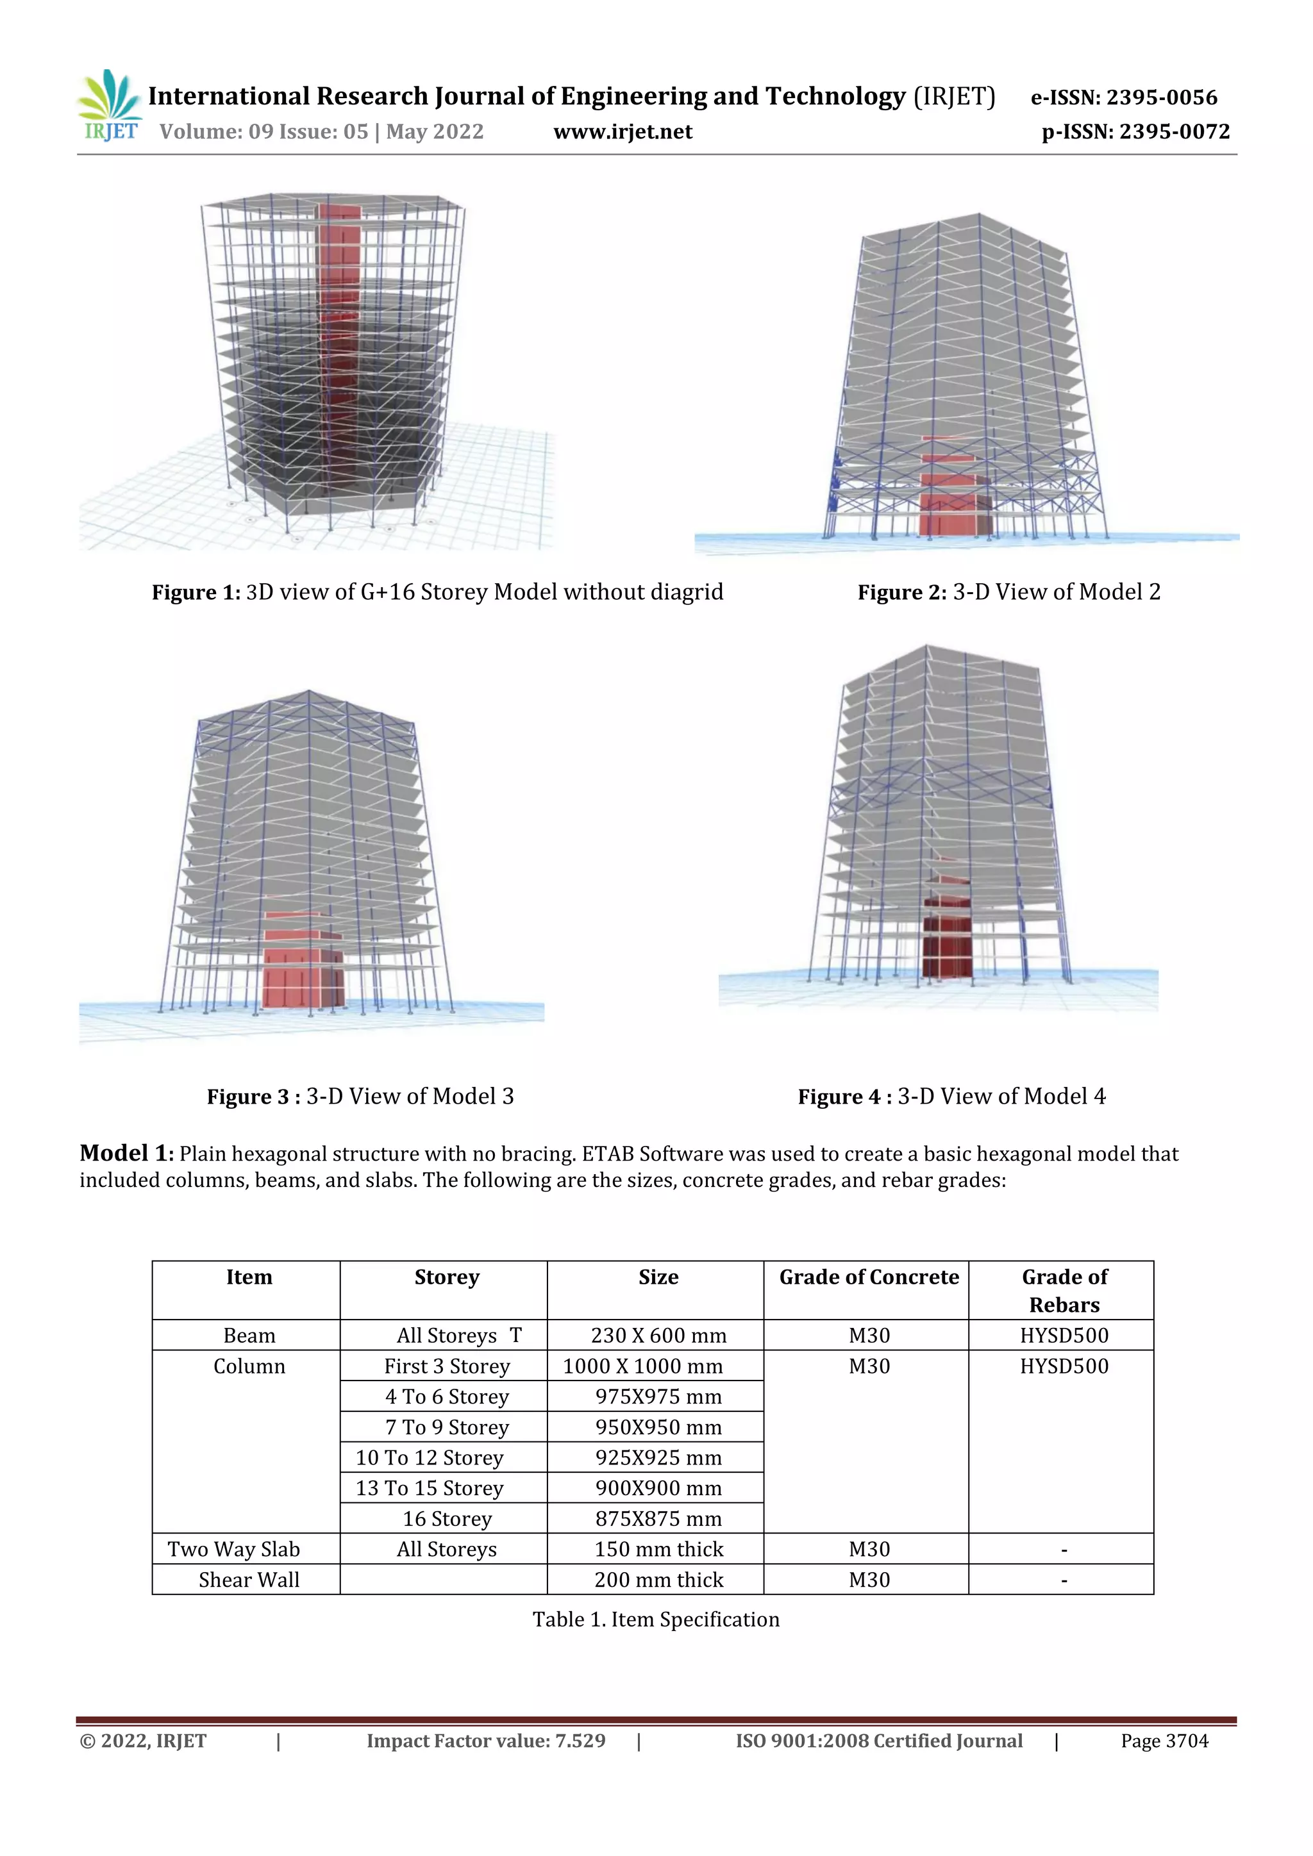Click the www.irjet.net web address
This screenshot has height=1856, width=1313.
[623, 132]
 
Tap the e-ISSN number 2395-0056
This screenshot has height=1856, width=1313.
[1161, 98]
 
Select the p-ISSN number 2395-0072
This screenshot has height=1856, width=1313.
[1174, 132]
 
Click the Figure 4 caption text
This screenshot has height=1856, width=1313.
[951, 1097]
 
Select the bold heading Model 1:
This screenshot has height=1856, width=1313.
[127, 1154]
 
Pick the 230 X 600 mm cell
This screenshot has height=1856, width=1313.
[658, 1336]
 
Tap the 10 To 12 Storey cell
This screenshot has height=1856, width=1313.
[430, 1457]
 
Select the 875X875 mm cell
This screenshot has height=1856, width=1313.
[658, 1519]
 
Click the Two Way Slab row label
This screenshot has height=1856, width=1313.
[233, 1549]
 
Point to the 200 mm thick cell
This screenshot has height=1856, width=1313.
[658, 1580]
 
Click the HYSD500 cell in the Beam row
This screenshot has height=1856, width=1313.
[1064, 1336]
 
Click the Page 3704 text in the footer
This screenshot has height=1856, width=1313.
[1164, 1741]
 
